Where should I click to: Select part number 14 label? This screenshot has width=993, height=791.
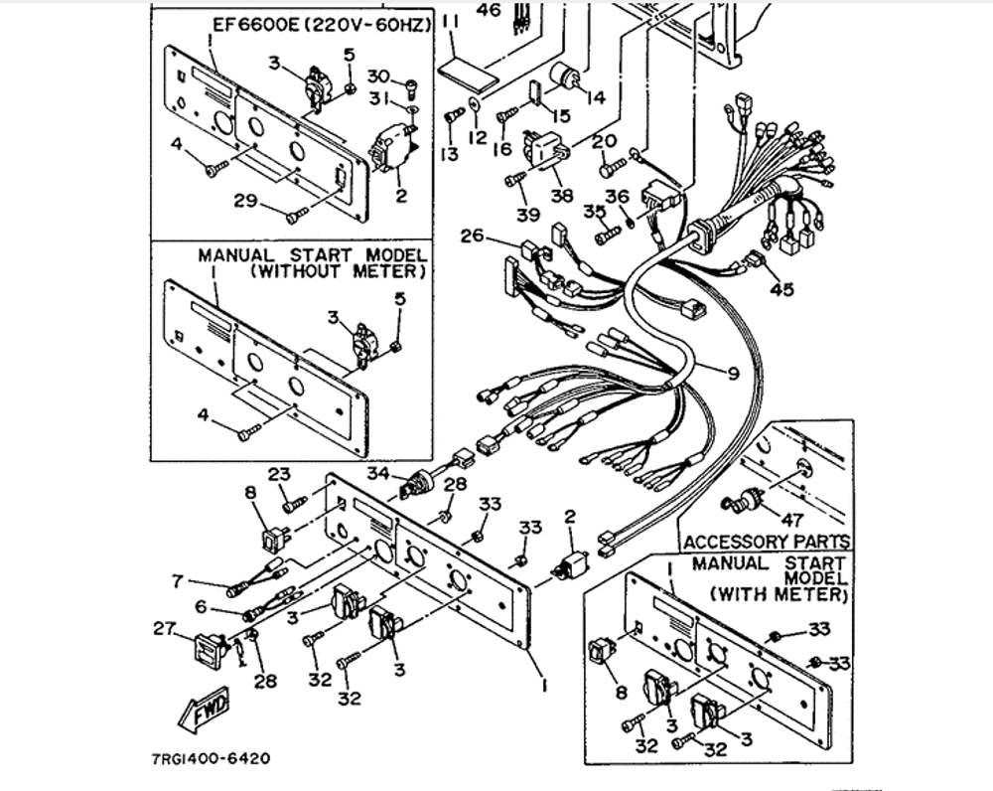coord(595,97)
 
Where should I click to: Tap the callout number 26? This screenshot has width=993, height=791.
coord(473,236)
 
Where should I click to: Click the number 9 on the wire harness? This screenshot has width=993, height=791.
coord(733,374)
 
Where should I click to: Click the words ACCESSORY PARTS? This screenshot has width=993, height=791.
coord(767,543)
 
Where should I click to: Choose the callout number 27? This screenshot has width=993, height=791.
coord(163,628)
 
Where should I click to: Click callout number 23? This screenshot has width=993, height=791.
coord(278,474)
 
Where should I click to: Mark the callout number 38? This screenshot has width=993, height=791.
coord(563,196)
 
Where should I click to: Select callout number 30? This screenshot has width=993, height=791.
coord(378,77)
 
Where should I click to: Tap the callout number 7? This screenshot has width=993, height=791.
coord(179,580)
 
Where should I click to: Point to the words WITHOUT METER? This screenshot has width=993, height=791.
coord(339,270)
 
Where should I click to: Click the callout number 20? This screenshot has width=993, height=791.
coord(603,141)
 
